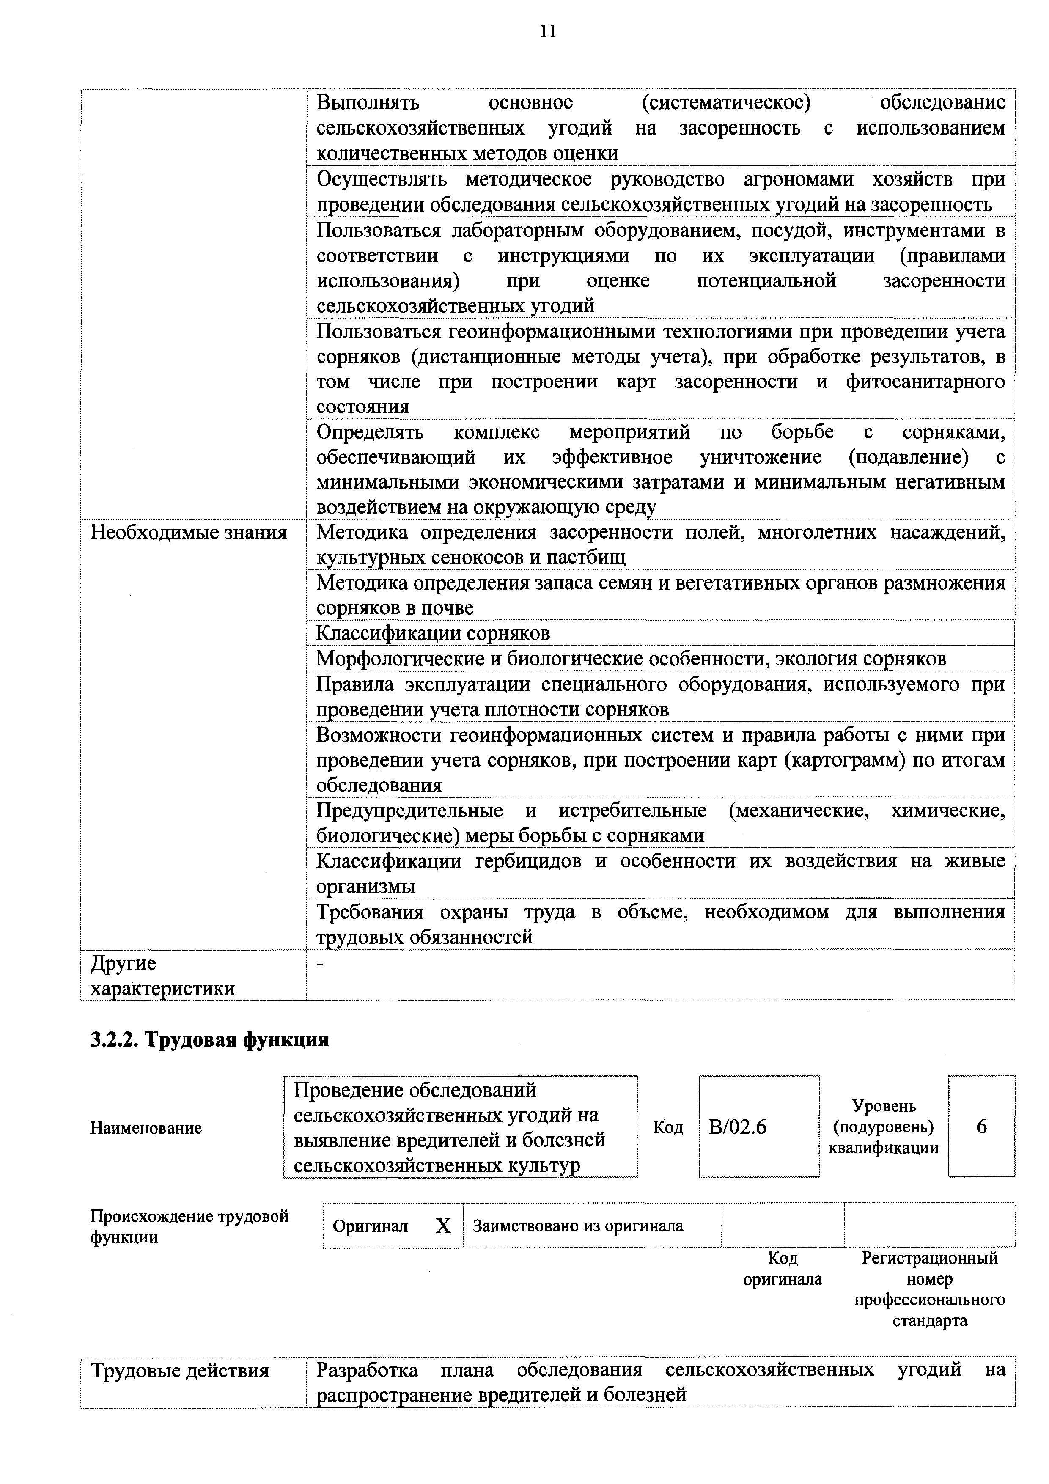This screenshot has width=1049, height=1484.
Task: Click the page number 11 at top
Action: click(x=547, y=32)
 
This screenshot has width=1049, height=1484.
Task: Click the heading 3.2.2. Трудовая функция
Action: click(x=209, y=1040)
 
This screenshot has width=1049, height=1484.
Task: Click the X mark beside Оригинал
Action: click(x=443, y=1226)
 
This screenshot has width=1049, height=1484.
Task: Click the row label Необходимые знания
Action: click(x=189, y=533)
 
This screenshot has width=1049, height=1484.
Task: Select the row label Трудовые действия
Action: click(x=180, y=1371)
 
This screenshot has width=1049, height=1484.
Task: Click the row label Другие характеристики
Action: click(x=162, y=976)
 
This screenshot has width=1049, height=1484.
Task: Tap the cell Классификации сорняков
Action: click(x=433, y=633)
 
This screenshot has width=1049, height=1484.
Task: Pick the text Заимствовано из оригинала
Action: click(x=578, y=1226)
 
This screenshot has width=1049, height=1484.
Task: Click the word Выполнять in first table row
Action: click(x=368, y=103)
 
